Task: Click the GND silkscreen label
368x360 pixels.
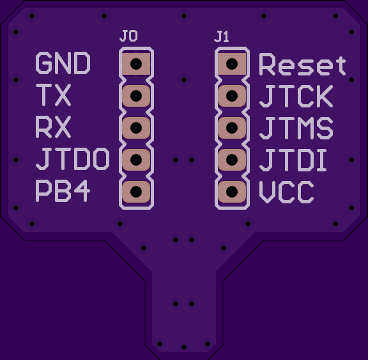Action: pyautogui.click(x=63, y=63)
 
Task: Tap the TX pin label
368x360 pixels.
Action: pyautogui.click(x=53, y=95)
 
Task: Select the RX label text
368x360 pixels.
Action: pyautogui.click(x=53, y=127)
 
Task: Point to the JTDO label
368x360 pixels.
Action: pyautogui.click(x=73, y=159)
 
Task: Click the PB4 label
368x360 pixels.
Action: pyautogui.click(x=63, y=191)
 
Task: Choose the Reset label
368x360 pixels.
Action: pyautogui.click(x=303, y=65)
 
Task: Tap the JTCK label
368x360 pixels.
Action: pyautogui.click(x=296, y=97)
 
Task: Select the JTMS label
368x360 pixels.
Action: pyautogui.click(x=296, y=129)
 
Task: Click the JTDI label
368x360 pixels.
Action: pyautogui.click(x=293, y=160)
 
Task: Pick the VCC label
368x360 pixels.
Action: pyautogui.click(x=286, y=192)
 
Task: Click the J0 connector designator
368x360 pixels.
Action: pyautogui.click(x=128, y=36)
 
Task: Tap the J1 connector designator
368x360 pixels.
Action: pyautogui.click(x=222, y=37)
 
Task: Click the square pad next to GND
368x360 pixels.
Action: pyautogui.click(x=136, y=64)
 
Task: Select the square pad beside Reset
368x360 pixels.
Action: pyautogui.click(x=232, y=64)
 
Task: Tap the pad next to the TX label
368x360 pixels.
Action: pyautogui.click(x=136, y=96)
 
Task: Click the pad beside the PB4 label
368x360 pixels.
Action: pyautogui.click(x=136, y=192)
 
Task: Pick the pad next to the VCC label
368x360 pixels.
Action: pyautogui.click(x=232, y=192)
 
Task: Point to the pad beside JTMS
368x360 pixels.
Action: pyautogui.click(x=232, y=128)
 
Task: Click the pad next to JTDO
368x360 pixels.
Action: pyautogui.click(x=136, y=160)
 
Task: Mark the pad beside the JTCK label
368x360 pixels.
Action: pyautogui.click(x=232, y=96)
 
